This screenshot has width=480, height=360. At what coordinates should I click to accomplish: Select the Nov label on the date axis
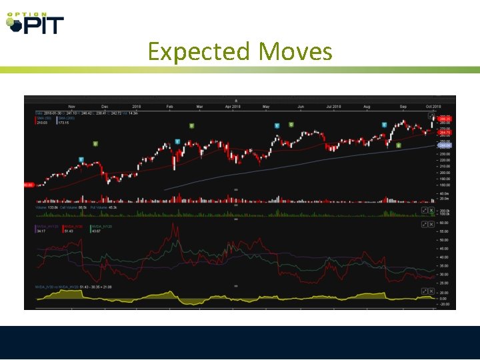(72, 107)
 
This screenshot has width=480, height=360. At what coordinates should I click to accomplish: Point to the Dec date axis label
(105, 107)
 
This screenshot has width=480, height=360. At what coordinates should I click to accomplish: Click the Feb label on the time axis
(169, 107)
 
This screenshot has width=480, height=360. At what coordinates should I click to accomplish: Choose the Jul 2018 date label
(333, 107)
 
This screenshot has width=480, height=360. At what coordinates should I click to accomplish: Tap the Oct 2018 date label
(433, 107)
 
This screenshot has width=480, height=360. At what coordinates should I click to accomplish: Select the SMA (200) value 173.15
(64, 123)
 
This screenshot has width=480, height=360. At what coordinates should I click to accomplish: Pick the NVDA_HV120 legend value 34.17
(42, 231)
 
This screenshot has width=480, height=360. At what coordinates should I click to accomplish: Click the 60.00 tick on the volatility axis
(443, 223)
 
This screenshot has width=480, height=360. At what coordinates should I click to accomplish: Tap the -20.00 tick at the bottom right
(443, 304)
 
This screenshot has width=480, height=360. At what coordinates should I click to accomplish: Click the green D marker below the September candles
(398, 145)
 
